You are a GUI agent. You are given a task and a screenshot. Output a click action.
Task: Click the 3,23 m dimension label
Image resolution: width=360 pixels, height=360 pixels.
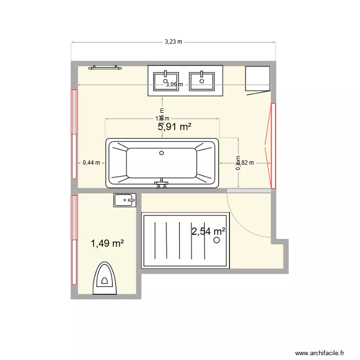(173, 42)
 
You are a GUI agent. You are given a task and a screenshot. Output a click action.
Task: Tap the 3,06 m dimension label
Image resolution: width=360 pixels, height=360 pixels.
(174, 84)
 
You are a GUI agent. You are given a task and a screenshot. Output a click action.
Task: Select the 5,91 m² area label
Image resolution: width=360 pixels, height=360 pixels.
(175, 127)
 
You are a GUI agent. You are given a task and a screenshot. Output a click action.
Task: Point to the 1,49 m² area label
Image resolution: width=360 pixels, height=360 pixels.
(108, 243)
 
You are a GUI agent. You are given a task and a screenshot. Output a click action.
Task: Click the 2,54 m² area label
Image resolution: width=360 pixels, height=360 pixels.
(208, 232)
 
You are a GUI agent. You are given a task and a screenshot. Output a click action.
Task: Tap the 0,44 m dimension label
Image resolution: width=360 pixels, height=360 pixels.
(91, 163)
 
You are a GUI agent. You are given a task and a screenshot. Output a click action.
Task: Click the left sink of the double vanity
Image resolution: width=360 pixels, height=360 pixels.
(166, 81)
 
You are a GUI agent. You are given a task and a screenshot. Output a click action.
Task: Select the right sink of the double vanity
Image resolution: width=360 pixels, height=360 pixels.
(202, 81)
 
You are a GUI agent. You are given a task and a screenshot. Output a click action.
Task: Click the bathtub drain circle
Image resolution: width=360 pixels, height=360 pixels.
(162, 154)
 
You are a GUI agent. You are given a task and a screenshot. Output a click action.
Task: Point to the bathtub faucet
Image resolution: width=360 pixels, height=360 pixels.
(161, 183)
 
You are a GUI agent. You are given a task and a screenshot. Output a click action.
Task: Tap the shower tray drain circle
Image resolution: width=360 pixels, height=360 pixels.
(217, 240)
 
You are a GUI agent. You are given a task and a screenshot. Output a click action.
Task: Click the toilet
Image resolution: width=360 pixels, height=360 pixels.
(104, 279)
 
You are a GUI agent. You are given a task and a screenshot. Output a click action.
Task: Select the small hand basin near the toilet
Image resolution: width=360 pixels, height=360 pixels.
(124, 200)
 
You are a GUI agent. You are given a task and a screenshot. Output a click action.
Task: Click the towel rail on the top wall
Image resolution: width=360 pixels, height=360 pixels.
(105, 68)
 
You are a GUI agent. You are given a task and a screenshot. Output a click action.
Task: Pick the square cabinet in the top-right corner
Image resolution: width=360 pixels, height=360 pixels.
(258, 78)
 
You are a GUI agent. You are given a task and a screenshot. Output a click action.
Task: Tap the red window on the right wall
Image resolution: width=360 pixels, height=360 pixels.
(273, 145)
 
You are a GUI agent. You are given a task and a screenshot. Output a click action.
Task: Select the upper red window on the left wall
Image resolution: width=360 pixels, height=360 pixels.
(74, 112)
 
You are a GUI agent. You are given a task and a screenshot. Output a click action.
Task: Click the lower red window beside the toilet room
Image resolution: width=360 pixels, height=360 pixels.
(74, 217)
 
